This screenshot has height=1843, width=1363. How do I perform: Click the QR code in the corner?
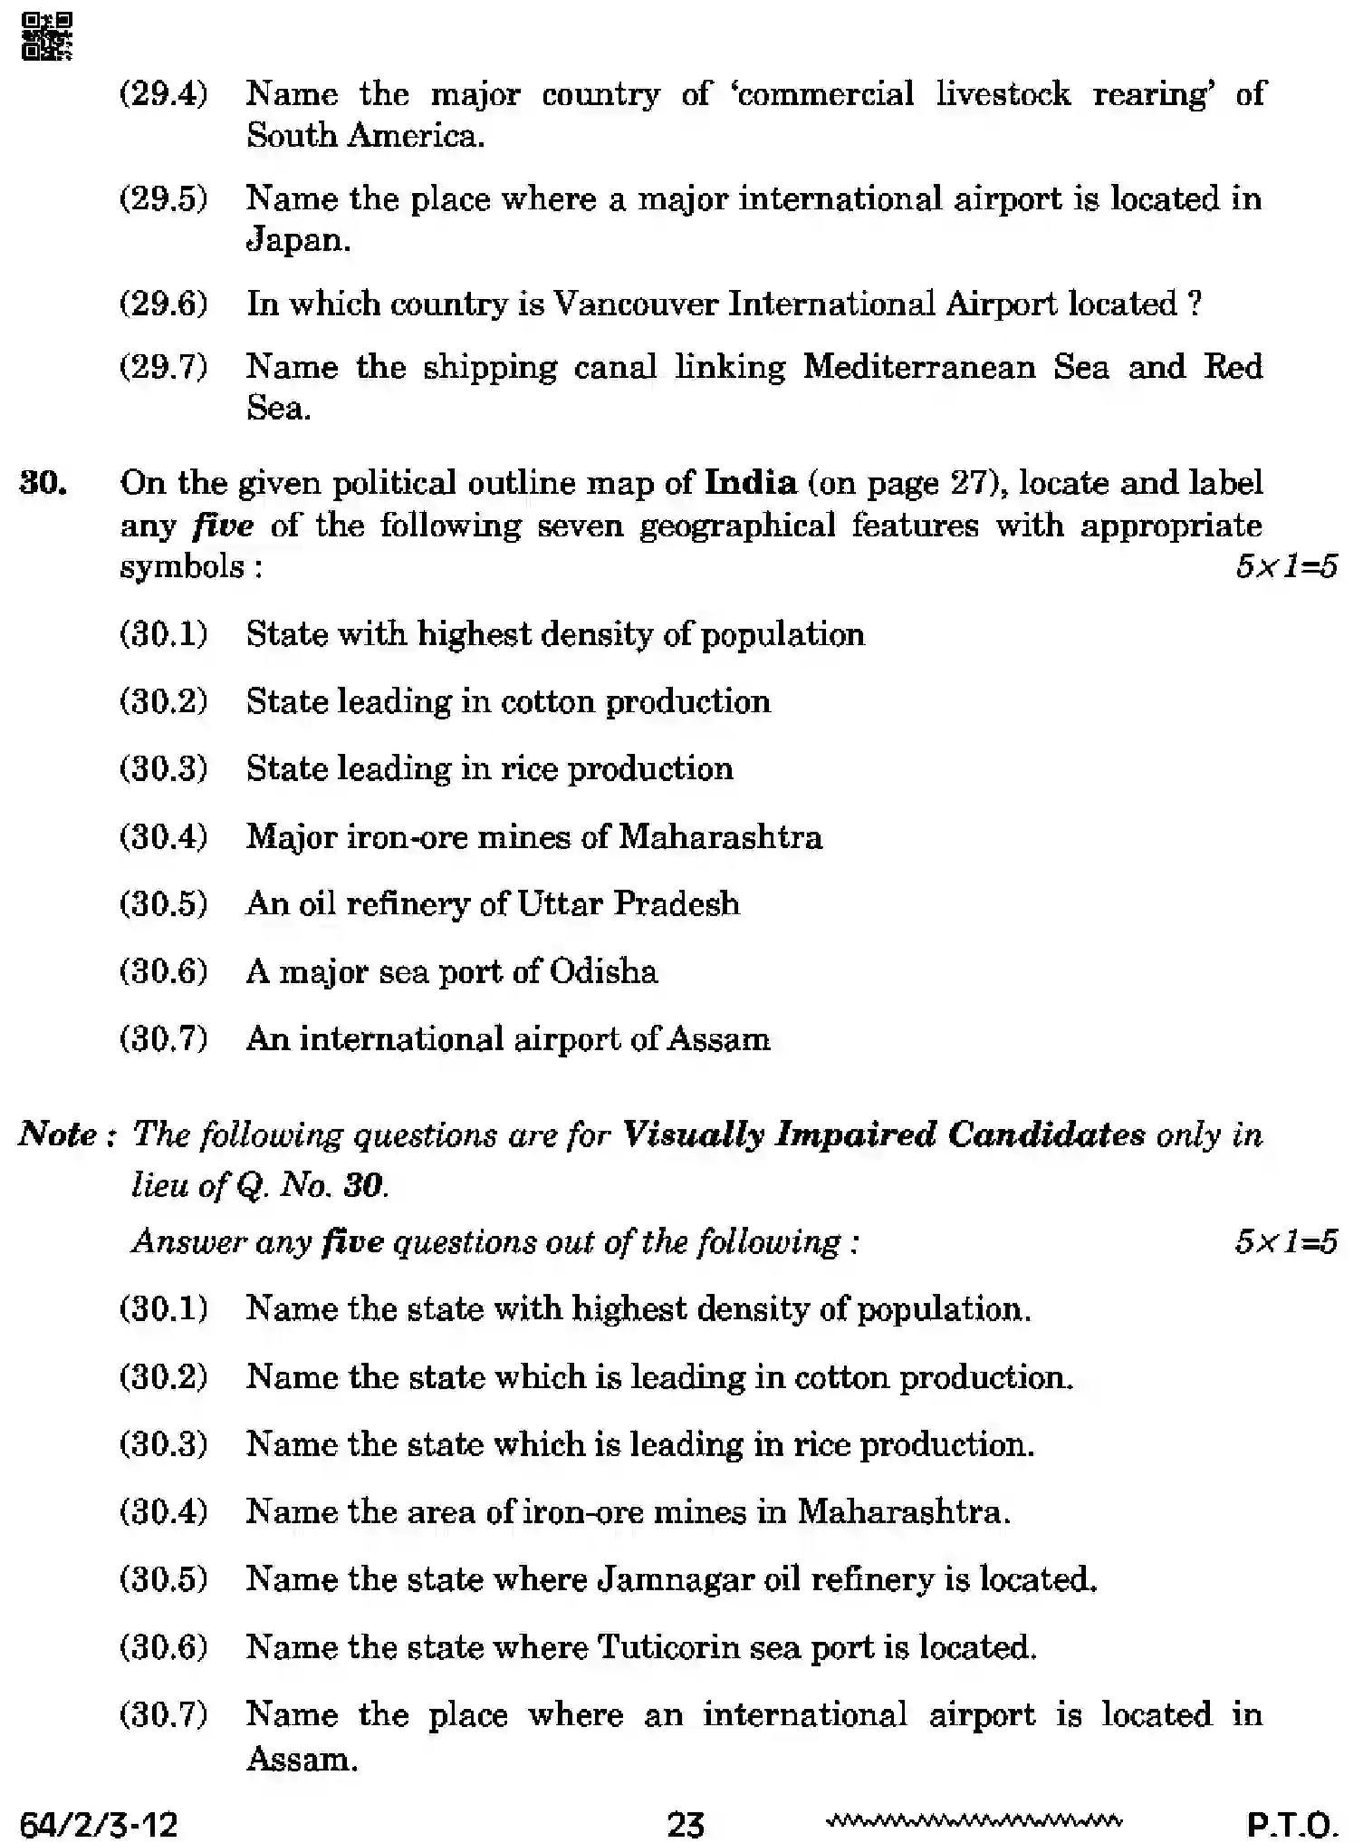click(x=46, y=37)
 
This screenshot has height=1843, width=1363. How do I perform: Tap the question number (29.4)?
click(x=164, y=93)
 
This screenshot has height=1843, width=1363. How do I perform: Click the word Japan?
click(x=297, y=240)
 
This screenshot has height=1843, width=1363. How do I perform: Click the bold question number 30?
click(x=43, y=483)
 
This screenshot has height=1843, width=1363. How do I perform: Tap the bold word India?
click(x=751, y=482)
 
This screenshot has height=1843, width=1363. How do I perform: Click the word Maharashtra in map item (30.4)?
click(x=720, y=836)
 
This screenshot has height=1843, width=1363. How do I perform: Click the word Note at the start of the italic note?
click(x=58, y=1134)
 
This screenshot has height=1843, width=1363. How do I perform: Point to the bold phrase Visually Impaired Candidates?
click(x=884, y=1134)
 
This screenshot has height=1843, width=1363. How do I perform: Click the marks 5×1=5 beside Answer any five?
click(x=1285, y=1241)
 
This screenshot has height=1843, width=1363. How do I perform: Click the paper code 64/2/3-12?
click(x=98, y=1823)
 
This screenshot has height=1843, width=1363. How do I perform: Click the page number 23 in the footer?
click(x=685, y=1823)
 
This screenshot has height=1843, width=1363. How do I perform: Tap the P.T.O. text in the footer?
click(x=1292, y=1823)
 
